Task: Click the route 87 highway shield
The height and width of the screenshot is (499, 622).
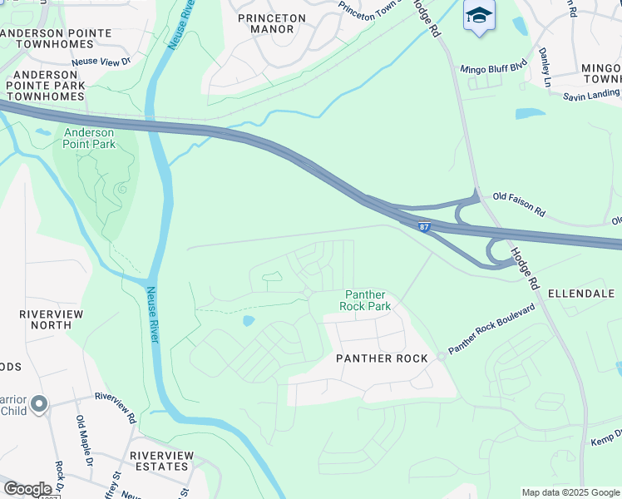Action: (x=425, y=227)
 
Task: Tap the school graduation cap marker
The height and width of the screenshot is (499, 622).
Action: (x=479, y=17)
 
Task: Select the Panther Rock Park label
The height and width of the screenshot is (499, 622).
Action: (x=364, y=300)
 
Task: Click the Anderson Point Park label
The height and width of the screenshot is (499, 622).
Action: (x=89, y=137)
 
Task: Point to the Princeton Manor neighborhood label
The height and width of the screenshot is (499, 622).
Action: (x=272, y=23)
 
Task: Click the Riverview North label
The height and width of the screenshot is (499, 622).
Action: (x=47, y=319)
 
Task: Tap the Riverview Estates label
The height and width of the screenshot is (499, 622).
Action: (x=161, y=461)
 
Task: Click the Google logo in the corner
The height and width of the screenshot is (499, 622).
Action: (x=27, y=489)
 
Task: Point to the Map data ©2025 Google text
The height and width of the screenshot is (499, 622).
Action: (x=570, y=492)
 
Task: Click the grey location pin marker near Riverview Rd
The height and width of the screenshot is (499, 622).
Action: (x=38, y=404)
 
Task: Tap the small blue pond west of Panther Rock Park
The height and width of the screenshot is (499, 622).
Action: (x=248, y=320)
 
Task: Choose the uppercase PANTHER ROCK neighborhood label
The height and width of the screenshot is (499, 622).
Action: (x=369, y=358)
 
